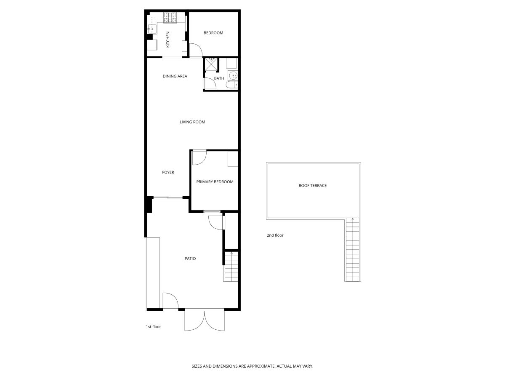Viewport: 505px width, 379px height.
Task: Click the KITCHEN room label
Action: (168, 39)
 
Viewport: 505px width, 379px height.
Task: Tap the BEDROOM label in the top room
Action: (213, 33)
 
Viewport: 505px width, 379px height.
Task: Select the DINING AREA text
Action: (175, 76)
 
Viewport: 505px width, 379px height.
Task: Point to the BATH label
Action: (219, 78)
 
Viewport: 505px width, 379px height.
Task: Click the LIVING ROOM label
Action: (192, 122)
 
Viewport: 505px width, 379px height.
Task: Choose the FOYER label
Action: (168, 172)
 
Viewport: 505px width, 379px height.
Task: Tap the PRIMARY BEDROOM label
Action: (215, 182)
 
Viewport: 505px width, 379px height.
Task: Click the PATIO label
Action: (190, 259)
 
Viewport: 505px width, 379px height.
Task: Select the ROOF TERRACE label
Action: (313, 185)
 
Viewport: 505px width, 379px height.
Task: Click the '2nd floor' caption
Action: (275, 235)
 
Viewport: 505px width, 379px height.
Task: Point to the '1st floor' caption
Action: (154, 326)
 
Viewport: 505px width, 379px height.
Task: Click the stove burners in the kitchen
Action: (170, 18)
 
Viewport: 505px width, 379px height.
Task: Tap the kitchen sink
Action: (152, 29)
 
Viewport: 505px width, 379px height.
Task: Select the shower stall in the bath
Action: (211, 64)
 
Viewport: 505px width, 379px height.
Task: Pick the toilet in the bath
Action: (232, 85)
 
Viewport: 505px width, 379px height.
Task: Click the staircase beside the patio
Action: (231, 267)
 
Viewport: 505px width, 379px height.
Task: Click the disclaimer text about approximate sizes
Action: (252, 366)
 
